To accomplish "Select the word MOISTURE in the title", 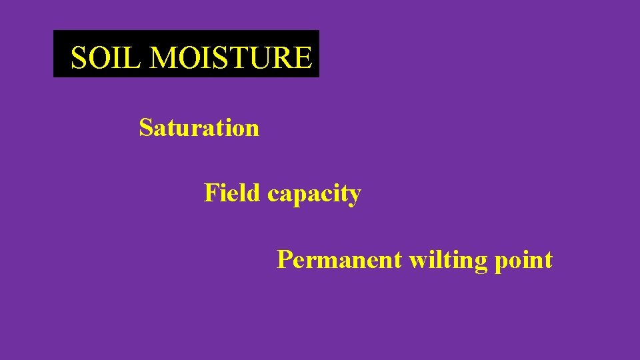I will point(230,58).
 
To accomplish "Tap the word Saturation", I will point(199,127).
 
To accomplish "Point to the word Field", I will point(232,193).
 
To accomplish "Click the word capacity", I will point(314,194).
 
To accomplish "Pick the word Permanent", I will point(339,259).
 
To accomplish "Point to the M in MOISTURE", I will point(164,58).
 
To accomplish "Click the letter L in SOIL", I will point(135,58).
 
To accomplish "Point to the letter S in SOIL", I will point(79,58).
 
